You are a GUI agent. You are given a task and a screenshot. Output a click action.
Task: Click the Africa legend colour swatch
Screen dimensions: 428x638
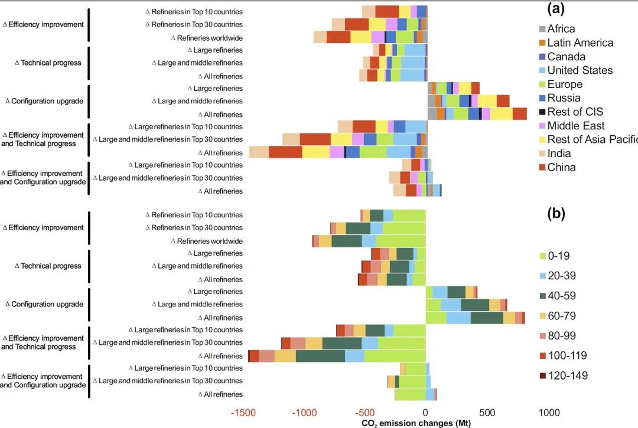click(x=541, y=29)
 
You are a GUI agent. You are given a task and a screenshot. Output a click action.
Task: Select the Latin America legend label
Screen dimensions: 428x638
click(x=580, y=43)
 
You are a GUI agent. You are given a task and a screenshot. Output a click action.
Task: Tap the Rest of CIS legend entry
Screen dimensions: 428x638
click(x=575, y=112)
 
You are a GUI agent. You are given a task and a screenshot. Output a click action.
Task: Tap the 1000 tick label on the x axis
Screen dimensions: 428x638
click(x=550, y=412)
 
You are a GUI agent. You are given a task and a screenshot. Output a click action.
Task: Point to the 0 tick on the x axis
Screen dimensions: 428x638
click(x=425, y=412)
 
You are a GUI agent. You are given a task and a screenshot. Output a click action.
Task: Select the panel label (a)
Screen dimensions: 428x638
click(x=556, y=9)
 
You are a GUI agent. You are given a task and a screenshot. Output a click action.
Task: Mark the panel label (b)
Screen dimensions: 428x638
click(x=556, y=214)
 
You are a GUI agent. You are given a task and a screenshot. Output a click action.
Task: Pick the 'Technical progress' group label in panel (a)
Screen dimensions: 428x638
click(x=47, y=63)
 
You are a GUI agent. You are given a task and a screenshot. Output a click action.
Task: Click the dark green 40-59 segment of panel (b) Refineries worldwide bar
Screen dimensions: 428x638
click(x=347, y=241)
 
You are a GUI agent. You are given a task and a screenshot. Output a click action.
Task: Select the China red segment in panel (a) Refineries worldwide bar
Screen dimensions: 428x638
click(x=338, y=37)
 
